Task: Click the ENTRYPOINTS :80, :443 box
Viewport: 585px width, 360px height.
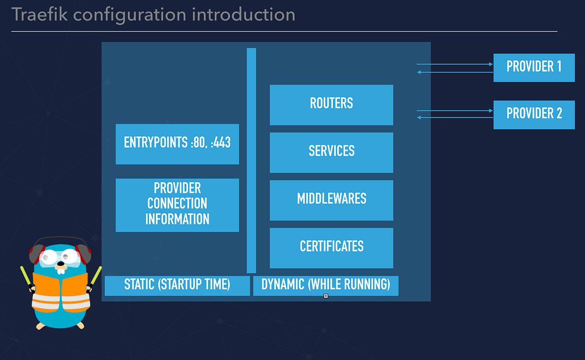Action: point(177,144)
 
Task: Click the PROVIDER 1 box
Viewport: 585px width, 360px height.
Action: point(534,67)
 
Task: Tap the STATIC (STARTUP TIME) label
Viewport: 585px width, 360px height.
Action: point(177,285)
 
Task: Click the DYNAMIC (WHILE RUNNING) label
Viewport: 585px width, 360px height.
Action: point(326,285)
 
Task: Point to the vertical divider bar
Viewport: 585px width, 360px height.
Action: point(251,161)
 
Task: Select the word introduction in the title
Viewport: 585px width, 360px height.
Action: point(243,15)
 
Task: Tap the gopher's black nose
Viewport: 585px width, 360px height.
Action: point(60,266)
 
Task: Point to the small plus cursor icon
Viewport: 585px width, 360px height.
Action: point(326,296)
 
